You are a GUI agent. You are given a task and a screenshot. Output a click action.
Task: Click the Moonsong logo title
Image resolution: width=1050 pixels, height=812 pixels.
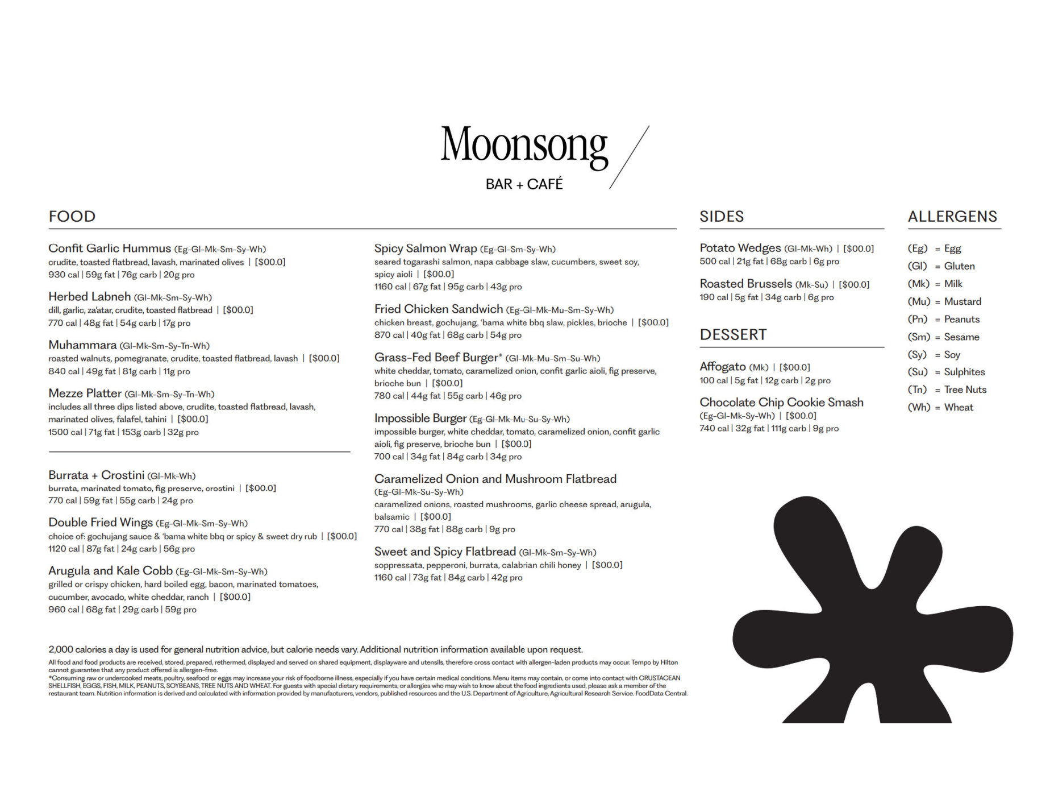pyautogui.click(x=524, y=146)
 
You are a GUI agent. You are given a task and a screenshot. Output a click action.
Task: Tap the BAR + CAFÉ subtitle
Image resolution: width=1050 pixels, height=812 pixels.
pyautogui.click(x=524, y=184)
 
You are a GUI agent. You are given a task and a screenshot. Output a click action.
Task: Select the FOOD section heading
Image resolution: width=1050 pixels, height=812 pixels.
pyautogui.click(x=72, y=217)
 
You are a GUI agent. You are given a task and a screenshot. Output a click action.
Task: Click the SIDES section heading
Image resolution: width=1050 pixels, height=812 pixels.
pyautogui.click(x=722, y=217)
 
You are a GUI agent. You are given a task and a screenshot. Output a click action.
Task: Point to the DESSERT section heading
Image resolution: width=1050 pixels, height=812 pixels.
pyautogui.click(x=733, y=335)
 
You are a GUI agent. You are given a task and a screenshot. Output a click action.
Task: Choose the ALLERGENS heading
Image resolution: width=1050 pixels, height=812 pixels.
pyautogui.click(x=952, y=217)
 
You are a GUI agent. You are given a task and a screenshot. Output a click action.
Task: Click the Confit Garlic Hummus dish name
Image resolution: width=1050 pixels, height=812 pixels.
pyautogui.click(x=110, y=248)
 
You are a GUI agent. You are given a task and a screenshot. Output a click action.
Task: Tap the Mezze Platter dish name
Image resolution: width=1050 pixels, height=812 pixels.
pyautogui.click(x=85, y=393)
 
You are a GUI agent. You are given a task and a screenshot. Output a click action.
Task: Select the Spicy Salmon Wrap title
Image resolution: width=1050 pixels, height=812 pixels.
pyautogui.click(x=426, y=248)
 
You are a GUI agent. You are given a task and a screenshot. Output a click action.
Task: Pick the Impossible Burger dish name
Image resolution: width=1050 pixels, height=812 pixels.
pyautogui.click(x=420, y=419)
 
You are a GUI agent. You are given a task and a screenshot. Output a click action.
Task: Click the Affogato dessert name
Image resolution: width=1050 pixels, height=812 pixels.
pyautogui.click(x=723, y=367)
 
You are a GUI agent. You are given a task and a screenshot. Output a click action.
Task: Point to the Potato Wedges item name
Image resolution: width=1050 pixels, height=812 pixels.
pyautogui.click(x=740, y=248)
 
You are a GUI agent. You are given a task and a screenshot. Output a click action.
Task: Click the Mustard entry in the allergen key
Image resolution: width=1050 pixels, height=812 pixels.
pyautogui.click(x=963, y=301)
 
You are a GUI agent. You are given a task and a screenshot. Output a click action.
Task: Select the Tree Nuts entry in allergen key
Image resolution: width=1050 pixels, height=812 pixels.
pyautogui.click(x=965, y=390)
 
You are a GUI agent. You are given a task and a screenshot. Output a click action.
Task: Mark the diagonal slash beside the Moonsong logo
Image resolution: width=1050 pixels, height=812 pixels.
pyautogui.click(x=630, y=157)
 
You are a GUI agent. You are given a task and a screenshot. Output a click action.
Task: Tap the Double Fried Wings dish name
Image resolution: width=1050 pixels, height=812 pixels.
pyautogui.click(x=101, y=523)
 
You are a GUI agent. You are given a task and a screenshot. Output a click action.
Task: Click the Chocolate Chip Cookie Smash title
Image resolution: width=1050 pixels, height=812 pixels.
pyautogui.click(x=781, y=403)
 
